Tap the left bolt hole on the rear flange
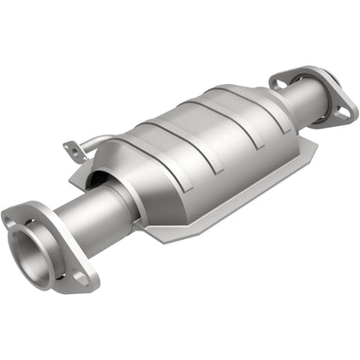(279, 82)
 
